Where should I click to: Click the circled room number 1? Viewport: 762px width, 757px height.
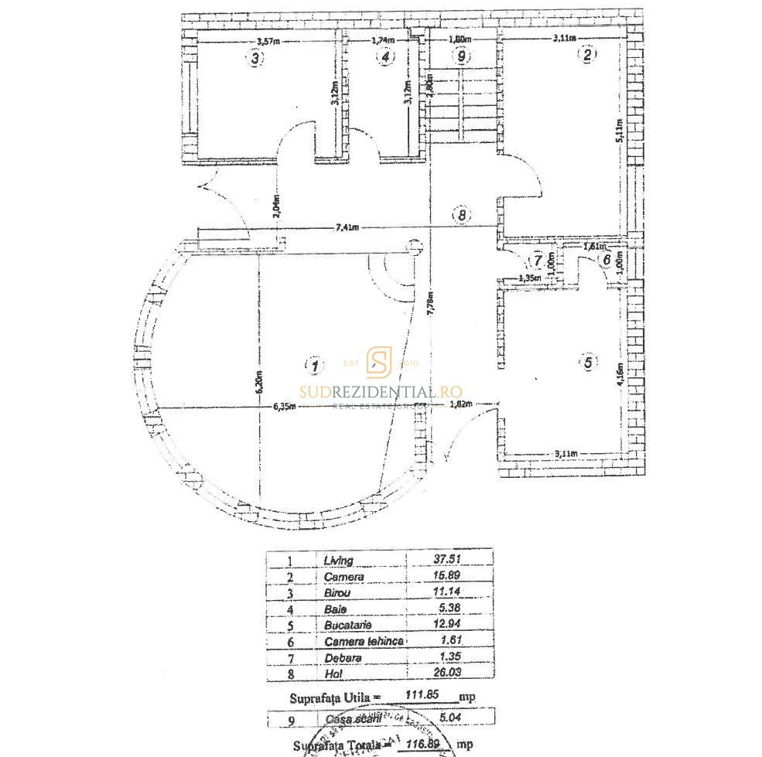pos(313,364)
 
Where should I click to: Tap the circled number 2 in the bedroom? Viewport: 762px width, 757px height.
pos(588,55)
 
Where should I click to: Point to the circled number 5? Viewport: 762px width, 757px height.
pos(588,362)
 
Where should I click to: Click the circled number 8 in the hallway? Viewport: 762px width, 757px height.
pos(462,217)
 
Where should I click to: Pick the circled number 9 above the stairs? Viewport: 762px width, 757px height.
pos(462,56)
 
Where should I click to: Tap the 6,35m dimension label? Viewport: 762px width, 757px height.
pos(284,407)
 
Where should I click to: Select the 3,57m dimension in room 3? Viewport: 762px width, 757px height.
pos(268,41)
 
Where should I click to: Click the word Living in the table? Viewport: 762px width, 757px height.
pos(339,561)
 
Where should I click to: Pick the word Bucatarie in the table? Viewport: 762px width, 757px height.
pos(349,625)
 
